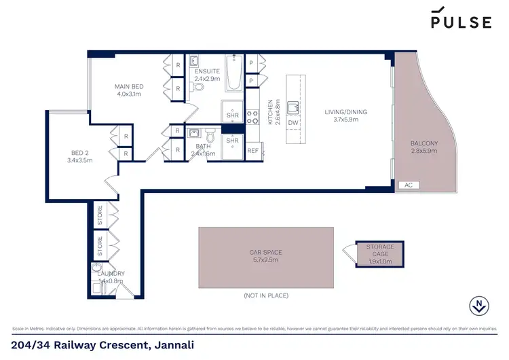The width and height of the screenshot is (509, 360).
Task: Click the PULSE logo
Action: (x=461, y=19)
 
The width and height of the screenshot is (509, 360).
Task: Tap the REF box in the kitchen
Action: (x=252, y=151)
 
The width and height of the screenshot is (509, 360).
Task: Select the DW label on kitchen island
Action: (x=293, y=123)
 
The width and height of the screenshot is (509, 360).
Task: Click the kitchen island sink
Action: (x=293, y=107)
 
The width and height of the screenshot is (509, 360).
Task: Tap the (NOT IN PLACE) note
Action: (x=265, y=295)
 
